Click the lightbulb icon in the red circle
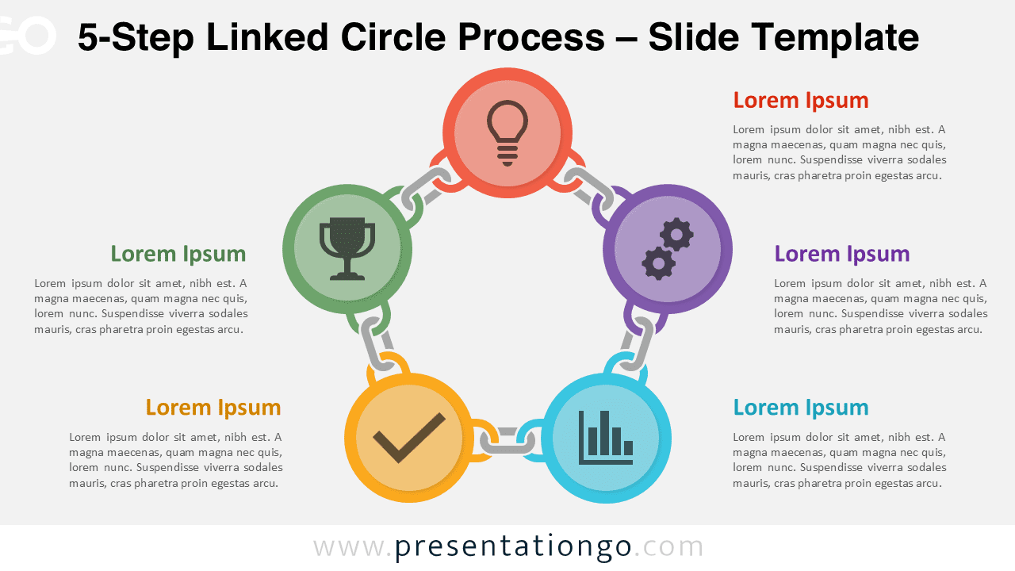coord(507,132)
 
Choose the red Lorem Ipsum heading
coord(801,101)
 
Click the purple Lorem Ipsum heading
coord(842,254)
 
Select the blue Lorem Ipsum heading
coord(801,408)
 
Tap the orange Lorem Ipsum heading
coord(213,408)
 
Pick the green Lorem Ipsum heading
coord(178,254)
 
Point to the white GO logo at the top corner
coord(28,36)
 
